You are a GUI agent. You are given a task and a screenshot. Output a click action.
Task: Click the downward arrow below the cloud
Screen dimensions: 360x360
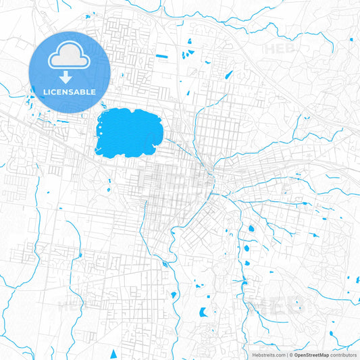[70, 76]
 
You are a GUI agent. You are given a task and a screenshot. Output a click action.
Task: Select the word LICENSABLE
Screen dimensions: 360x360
[70, 91]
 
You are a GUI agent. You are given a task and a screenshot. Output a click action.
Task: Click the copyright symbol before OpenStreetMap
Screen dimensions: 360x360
[292, 354]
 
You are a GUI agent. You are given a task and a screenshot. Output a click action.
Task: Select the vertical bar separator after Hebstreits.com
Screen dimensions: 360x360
[287, 354]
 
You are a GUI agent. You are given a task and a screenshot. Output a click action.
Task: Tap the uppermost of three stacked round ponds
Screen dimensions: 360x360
[251, 228]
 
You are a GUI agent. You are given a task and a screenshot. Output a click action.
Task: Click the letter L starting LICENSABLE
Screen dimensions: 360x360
[45, 91]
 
